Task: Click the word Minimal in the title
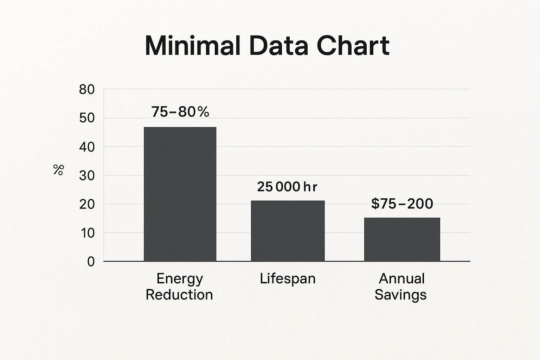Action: click(193, 46)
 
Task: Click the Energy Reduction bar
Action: click(180, 194)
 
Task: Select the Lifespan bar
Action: click(288, 231)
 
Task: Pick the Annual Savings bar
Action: click(402, 239)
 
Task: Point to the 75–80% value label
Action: click(180, 112)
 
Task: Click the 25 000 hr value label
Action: click(287, 187)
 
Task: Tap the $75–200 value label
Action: click(402, 204)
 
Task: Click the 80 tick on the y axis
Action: click(87, 90)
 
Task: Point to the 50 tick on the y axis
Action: click(87, 118)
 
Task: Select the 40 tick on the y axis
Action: click(87, 147)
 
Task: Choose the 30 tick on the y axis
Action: click(87, 175)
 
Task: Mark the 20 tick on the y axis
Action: click(87, 204)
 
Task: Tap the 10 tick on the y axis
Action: click(87, 233)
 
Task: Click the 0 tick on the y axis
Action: click(91, 262)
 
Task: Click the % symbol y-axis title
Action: click(58, 170)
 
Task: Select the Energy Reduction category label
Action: click(179, 287)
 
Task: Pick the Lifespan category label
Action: click(288, 279)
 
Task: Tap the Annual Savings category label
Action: click(401, 287)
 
